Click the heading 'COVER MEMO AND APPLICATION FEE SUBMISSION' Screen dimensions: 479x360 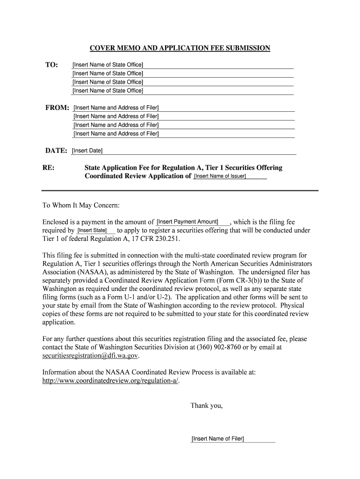[x=180, y=48]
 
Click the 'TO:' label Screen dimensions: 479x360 [x=51, y=65]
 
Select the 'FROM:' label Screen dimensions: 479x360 [x=57, y=108]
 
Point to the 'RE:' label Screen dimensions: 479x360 [x=49, y=167]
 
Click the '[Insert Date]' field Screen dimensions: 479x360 [x=87, y=151]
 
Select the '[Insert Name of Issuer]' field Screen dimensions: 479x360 [x=220, y=176]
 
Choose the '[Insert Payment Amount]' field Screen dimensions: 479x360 [x=187, y=222]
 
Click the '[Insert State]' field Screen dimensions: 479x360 [x=92, y=231]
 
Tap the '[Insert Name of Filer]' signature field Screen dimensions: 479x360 [x=218, y=439]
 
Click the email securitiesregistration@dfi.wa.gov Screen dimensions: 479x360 [x=90, y=356]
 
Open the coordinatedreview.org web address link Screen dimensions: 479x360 [x=110, y=381]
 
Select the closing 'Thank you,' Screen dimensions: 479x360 [x=206, y=406]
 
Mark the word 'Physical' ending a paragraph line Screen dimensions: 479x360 [x=291, y=305]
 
